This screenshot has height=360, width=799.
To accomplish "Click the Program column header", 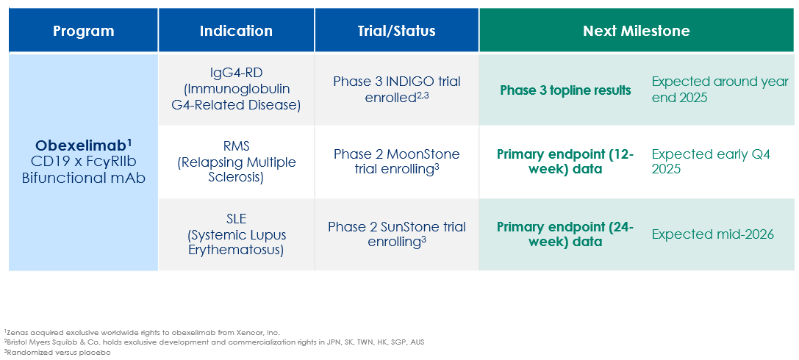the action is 84,31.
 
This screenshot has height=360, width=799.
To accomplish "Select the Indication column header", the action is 236,31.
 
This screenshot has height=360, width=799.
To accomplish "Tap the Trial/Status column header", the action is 396,31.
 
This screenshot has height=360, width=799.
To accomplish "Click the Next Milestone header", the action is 637,31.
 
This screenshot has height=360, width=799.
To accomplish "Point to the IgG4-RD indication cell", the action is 236,90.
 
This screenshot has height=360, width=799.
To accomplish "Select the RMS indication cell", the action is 236,162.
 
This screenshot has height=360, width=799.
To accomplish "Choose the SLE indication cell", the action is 236,235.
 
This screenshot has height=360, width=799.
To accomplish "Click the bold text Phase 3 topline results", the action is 565,90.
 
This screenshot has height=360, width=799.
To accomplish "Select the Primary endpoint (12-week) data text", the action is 565,162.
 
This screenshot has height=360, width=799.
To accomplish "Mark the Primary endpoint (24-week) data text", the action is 565,234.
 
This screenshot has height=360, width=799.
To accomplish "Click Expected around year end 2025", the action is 720,90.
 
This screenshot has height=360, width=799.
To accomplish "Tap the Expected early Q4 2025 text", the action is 711,162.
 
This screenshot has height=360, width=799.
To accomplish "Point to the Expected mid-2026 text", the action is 713,235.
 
